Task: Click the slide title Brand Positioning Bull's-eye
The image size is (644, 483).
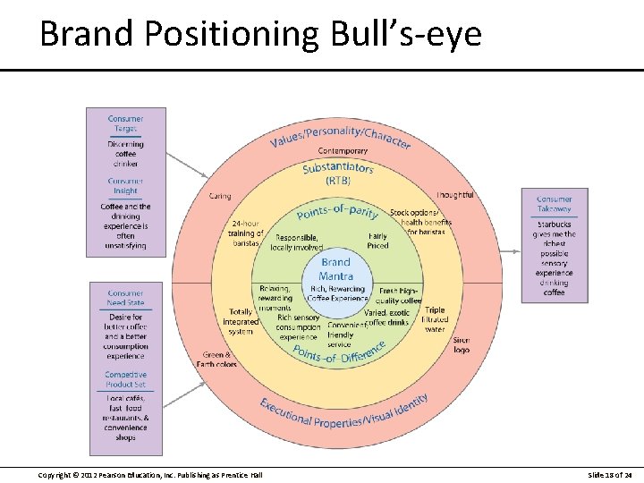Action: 260,34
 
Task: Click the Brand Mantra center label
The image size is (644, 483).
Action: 335,268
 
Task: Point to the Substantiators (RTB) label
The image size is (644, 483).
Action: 337,174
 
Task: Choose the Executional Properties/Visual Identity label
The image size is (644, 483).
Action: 343,411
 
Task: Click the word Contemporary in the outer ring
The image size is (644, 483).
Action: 343,151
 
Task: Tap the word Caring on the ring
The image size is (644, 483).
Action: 219,196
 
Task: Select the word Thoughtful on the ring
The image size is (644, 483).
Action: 454,195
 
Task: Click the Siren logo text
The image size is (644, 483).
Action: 461,345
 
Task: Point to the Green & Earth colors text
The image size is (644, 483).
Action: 217,360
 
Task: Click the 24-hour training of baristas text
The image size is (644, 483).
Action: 246,233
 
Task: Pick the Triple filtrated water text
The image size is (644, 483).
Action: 434,319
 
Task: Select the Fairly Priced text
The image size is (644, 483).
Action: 377,241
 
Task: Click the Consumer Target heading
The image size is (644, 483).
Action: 125,123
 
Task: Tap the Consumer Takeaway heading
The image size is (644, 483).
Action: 554,204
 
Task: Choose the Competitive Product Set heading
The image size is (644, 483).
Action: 125,379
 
